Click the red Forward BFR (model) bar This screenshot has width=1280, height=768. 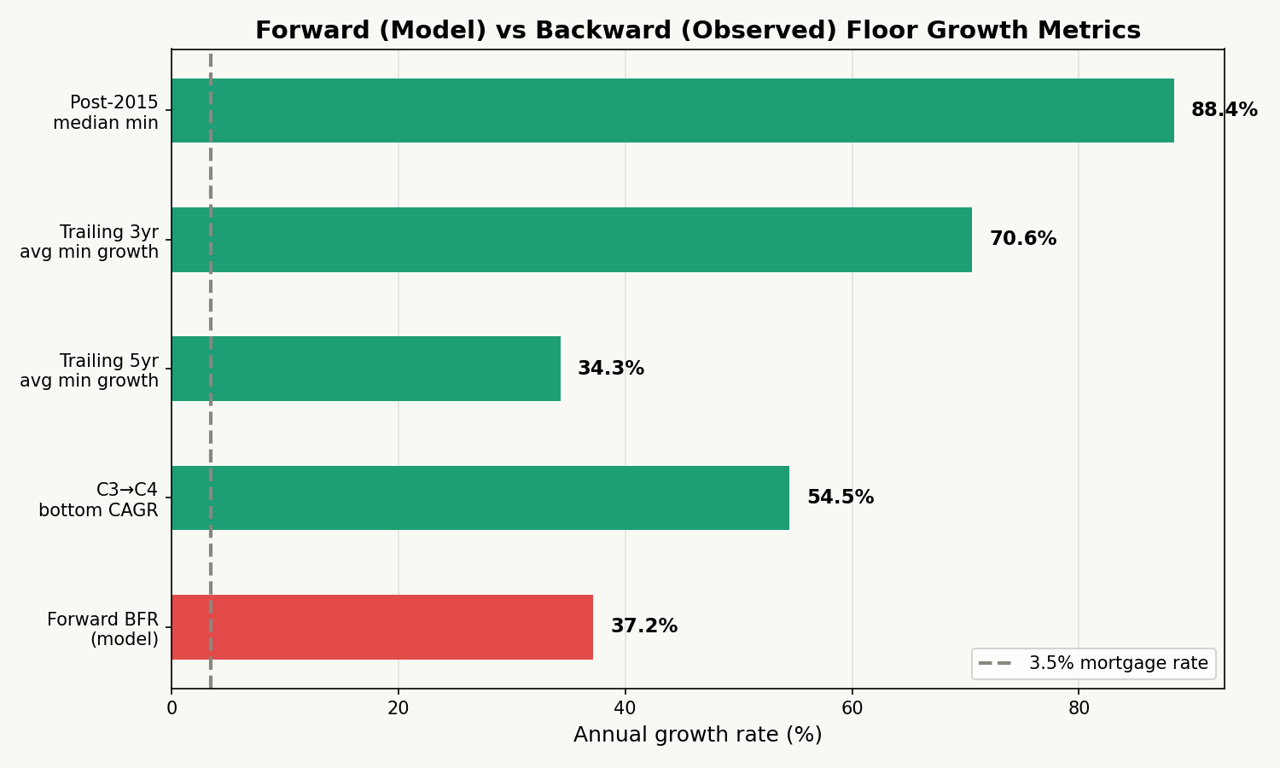tap(382, 627)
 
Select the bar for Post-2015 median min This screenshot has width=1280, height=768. tap(672, 111)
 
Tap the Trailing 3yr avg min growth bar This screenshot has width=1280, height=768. tap(572, 240)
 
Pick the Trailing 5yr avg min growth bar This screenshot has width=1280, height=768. tap(366, 369)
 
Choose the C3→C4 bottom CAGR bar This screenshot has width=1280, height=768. tap(480, 497)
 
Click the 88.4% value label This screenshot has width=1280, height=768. tap(1224, 110)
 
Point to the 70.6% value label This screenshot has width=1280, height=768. tap(1022, 239)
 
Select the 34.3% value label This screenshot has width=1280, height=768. tap(610, 369)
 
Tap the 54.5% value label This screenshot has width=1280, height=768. tap(840, 497)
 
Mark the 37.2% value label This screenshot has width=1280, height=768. tap(643, 626)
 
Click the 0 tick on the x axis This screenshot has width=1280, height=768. tap(172, 708)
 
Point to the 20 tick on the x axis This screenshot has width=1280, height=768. tap(399, 708)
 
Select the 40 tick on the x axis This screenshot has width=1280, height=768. tap(625, 708)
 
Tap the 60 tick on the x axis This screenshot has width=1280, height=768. tap(852, 708)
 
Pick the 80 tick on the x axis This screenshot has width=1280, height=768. tap(1079, 708)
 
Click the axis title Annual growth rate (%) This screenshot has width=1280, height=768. tap(697, 735)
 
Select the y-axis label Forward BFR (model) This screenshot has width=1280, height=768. tap(102, 629)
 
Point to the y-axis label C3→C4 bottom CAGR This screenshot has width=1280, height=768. tap(98, 500)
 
